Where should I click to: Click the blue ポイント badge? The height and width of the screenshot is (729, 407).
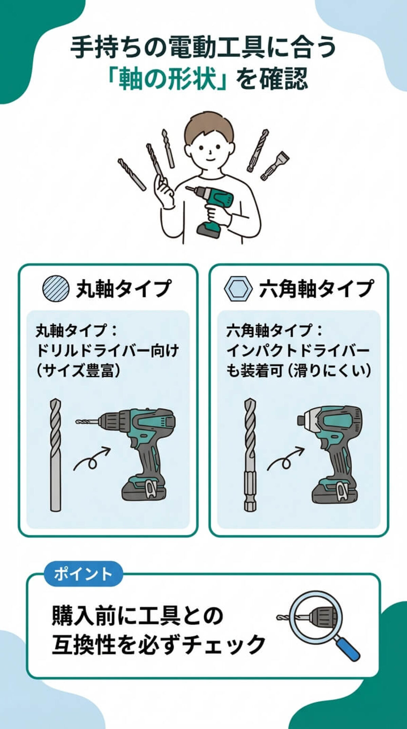pos(83,574)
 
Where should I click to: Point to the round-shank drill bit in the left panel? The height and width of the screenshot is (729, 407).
pos(56,455)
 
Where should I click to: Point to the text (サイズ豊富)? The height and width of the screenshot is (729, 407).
pos(78,371)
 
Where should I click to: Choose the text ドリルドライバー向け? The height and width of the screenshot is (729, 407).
pos(107,350)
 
